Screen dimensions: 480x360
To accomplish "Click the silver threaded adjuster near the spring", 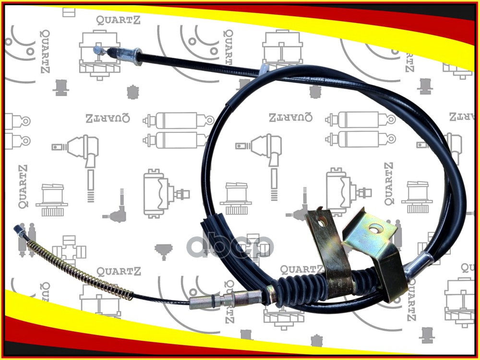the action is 226,300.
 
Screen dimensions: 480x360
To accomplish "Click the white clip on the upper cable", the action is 264,68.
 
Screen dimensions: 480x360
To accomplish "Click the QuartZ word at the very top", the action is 119,20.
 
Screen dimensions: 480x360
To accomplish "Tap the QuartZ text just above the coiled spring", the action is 119,272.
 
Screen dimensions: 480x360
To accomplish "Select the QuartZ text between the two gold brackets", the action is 301,269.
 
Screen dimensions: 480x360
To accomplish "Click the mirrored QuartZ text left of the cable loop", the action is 108,118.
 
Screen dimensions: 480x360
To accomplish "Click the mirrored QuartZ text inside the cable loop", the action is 291,117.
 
